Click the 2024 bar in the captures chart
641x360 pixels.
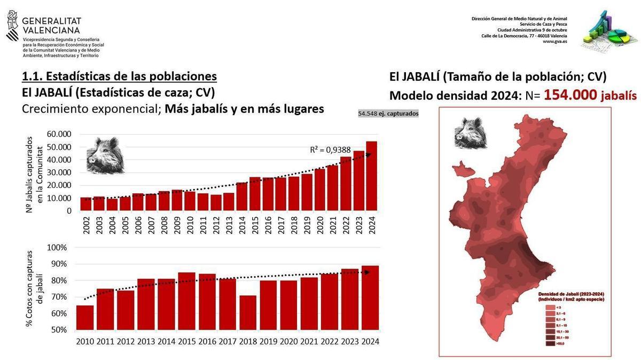coord(371,176)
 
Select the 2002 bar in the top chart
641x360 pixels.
coord(85,204)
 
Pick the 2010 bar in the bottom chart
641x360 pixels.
coord(85,317)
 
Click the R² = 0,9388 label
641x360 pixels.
coord(330,150)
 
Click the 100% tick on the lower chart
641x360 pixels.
coord(56,248)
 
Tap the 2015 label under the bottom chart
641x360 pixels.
coord(186,342)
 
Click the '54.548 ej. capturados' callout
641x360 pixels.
coord(388,114)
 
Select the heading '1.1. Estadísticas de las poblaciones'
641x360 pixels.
coord(119,76)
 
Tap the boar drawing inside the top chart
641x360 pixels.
coord(105,155)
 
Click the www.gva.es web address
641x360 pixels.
coord(555,42)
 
